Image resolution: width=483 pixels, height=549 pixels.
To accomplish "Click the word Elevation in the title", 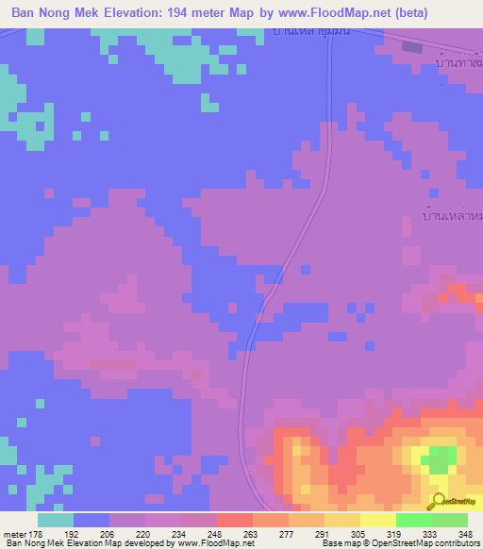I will click(142, 13).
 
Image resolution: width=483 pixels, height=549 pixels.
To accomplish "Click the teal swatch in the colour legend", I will click(56, 520).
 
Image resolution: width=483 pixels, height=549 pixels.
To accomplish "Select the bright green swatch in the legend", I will click(414, 520).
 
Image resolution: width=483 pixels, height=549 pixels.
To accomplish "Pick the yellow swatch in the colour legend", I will click(378, 520).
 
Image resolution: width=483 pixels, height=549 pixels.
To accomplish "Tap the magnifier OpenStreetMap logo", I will click(438, 502).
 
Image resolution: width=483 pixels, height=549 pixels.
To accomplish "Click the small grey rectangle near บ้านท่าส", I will click(412, 45).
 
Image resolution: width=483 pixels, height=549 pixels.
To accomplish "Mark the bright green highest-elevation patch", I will click(438, 461).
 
